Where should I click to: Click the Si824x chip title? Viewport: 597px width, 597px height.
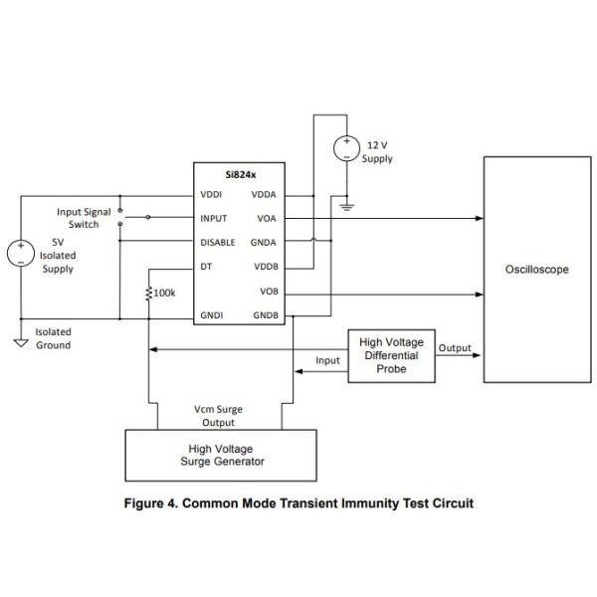pos(239,174)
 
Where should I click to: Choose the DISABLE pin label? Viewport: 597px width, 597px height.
pos(218,242)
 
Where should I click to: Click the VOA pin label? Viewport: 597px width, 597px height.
pos(266,218)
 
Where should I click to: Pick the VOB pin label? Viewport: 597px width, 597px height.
pos(268,292)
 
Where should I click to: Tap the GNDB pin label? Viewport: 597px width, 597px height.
pos(265,316)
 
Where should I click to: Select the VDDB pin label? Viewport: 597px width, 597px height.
pos(265,267)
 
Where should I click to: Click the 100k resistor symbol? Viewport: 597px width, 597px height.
pos(149,294)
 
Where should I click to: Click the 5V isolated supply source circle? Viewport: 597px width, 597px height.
pos(20,253)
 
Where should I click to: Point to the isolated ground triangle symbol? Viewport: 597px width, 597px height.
pos(20,343)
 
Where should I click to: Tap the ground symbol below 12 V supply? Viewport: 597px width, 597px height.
pos(347,207)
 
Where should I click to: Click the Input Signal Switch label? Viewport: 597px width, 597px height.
pos(84,218)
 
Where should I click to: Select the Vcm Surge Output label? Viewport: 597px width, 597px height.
pos(218,416)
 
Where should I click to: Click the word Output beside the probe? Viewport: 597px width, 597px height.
pos(455,348)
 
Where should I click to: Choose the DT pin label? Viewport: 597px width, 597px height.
pos(205,267)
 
